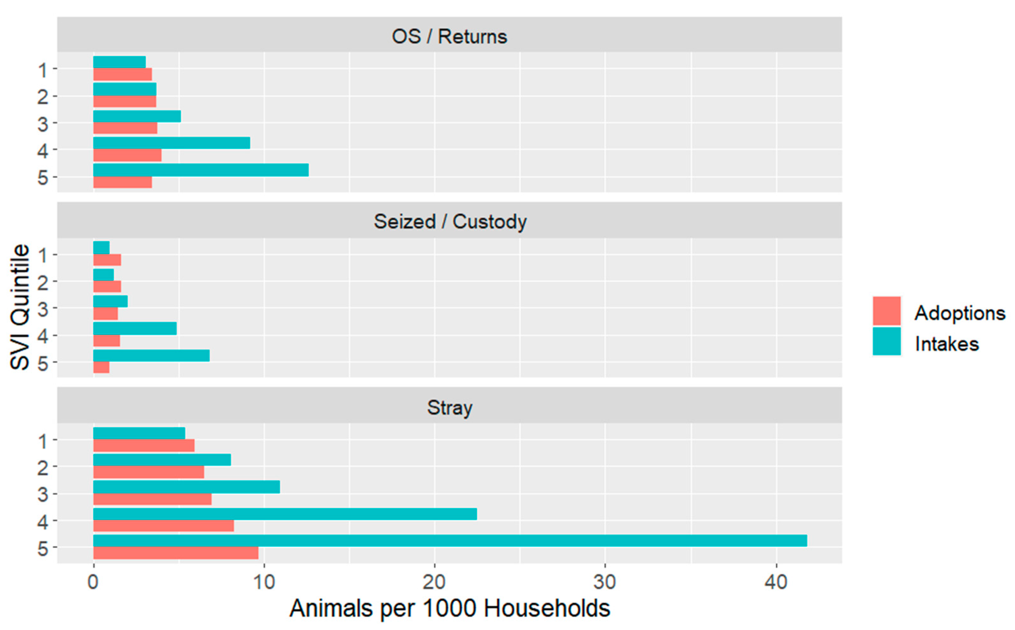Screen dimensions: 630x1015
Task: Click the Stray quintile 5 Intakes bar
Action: pyautogui.click(x=449, y=540)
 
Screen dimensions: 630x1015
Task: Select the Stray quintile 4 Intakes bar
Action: pyautogui.click(x=285, y=514)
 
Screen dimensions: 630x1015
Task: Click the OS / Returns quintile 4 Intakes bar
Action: pyautogui.click(x=171, y=143)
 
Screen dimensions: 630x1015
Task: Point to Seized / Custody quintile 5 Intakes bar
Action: pyautogui.click(x=151, y=355)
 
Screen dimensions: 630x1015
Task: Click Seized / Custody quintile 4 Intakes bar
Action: pyautogui.click(x=135, y=328)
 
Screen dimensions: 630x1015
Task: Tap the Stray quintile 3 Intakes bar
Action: pyautogui.click(x=186, y=487)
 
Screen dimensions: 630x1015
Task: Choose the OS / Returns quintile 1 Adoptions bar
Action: pyautogui.click(x=122, y=74)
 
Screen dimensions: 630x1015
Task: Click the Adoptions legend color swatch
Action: pyautogui.click(x=886, y=311)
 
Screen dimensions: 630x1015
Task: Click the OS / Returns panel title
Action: pyautogui.click(x=449, y=37)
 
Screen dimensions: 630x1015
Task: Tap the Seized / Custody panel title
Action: pyautogui.click(x=449, y=222)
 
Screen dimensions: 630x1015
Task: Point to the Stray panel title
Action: pyautogui.click(x=449, y=408)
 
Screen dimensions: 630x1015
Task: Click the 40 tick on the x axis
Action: pyautogui.click(x=776, y=582)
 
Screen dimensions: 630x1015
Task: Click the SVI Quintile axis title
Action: pyautogui.click(x=20, y=307)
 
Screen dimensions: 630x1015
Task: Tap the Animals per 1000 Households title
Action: pyautogui.click(x=449, y=609)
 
